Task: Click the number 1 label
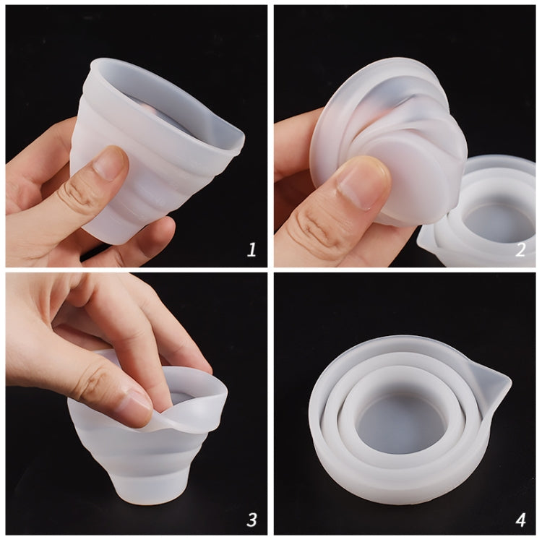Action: [251, 250]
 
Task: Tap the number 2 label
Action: [520, 250]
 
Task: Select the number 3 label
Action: [251, 519]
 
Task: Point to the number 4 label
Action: [520, 519]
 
